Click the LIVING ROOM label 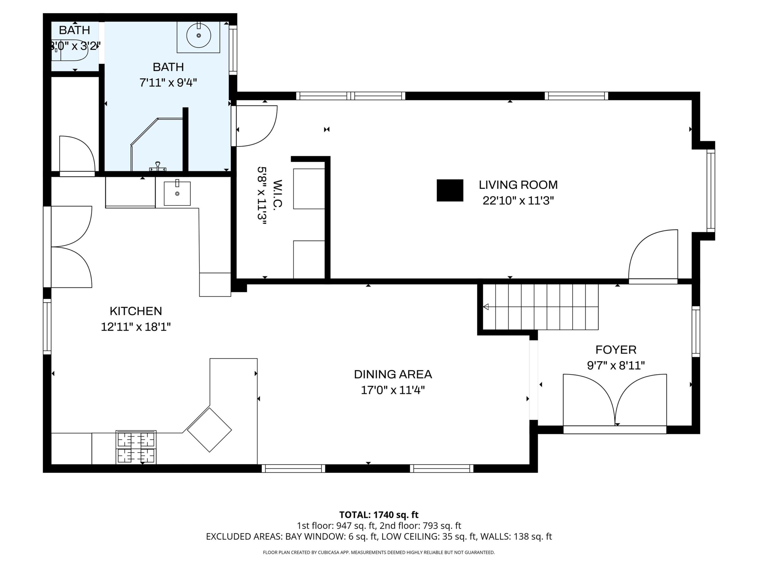pyautogui.click(x=518, y=185)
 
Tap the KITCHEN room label pyautogui.click(x=136, y=311)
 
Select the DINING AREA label pyautogui.click(x=393, y=374)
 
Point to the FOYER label pyautogui.click(x=616, y=350)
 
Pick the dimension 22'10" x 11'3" pyautogui.click(x=518, y=201)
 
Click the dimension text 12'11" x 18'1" pyautogui.click(x=136, y=327)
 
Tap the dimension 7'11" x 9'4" pyautogui.click(x=168, y=83)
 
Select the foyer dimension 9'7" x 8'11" pyautogui.click(x=616, y=366)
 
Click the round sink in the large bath pyautogui.click(x=198, y=35)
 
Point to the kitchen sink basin pyautogui.click(x=177, y=193)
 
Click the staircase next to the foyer pyautogui.click(x=540, y=307)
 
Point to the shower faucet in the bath pyautogui.click(x=158, y=167)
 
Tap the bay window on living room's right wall pyautogui.click(x=711, y=191)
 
